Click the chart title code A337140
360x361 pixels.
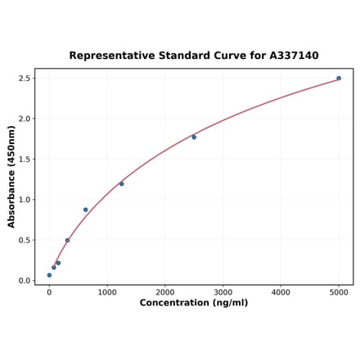click(x=294, y=56)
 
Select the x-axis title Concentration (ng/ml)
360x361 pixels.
click(x=194, y=303)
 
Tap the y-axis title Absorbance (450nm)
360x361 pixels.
click(x=11, y=176)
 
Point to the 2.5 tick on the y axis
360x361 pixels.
click(x=25, y=79)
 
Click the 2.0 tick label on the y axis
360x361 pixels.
click(x=25, y=119)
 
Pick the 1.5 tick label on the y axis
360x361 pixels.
click(x=25, y=160)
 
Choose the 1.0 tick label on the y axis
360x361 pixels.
click(x=25, y=200)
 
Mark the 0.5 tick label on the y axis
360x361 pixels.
click(x=25, y=240)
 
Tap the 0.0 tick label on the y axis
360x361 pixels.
click(x=25, y=281)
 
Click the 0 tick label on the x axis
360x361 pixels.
click(x=49, y=291)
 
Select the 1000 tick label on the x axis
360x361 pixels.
click(x=107, y=291)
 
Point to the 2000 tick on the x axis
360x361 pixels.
click(x=165, y=291)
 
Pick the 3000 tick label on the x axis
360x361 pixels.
click(x=223, y=291)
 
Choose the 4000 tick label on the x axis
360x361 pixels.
click(x=281, y=291)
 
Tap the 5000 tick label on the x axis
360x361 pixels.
click(x=340, y=291)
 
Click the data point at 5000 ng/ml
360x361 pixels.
click(x=339, y=79)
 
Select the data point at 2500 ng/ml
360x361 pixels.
click(x=194, y=138)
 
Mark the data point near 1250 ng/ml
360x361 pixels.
click(x=122, y=184)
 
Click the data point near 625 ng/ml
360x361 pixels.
click(x=85, y=210)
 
